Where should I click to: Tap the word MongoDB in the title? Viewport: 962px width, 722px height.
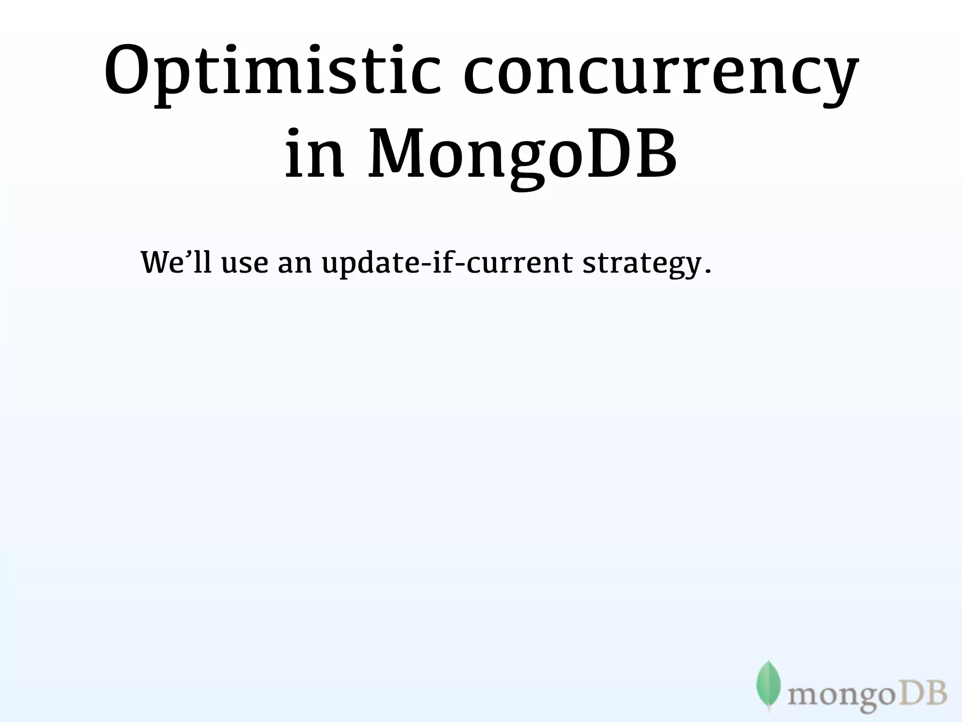[521, 155]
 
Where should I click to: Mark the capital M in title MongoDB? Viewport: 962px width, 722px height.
[394, 153]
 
